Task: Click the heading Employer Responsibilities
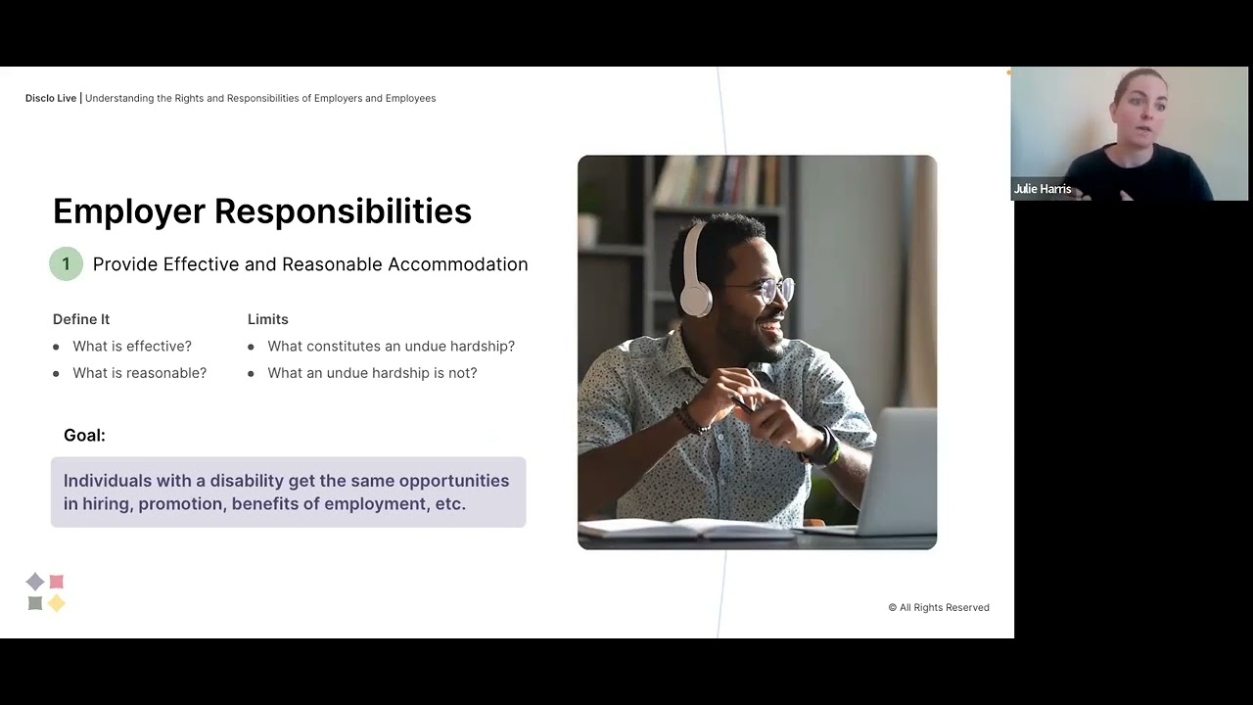[262, 211]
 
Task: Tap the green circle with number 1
[66, 264]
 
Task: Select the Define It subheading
[81, 319]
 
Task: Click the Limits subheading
[268, 319]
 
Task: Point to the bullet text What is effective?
[132, 347]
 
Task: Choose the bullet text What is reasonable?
[139, 373]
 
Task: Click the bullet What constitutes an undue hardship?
[391, 347]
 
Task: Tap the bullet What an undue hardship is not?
[372, 373]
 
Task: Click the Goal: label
[84, 436]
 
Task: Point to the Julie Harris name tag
[1043, 189]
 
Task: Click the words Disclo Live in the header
[51, 98]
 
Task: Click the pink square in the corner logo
[57, 582]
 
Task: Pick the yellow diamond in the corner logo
[57, 603]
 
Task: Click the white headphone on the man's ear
[694, 285]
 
